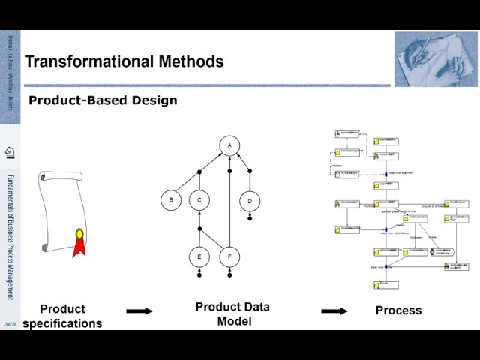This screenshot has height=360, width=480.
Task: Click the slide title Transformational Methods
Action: [x=124, y=61]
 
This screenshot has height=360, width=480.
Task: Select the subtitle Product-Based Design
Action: [x=103, y=100]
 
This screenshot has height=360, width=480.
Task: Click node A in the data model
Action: [x=229, y=145]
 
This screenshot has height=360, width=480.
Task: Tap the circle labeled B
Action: [x=171, y=200]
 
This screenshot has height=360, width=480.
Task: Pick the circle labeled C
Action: [x=199, y=200]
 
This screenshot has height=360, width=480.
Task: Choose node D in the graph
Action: [x=250, y=201]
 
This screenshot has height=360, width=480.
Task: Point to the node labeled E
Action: [x=199, y=256]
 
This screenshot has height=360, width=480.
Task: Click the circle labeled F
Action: [x=229, y=256]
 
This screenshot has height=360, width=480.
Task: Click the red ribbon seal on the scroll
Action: [x=78, y=242]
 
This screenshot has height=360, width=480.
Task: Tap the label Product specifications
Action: [x=62, y=316]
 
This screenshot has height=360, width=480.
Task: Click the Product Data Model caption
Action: [x=232, y=313]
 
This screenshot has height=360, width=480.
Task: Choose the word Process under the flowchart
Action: [x=398, y=310]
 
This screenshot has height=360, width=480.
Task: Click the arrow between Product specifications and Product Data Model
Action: [x=139, y=310]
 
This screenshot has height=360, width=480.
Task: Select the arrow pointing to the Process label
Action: [x=334, y=310]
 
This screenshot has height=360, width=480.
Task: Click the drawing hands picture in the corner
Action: [x=434, y=59]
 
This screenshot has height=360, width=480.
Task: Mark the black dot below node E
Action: [x=199, y=275]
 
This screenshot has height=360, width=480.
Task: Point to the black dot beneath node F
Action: [x=229, y=275]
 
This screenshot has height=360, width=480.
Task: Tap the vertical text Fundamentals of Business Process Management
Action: [x=10, y=237]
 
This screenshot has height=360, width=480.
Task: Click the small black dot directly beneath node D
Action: [x=250, y=218]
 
